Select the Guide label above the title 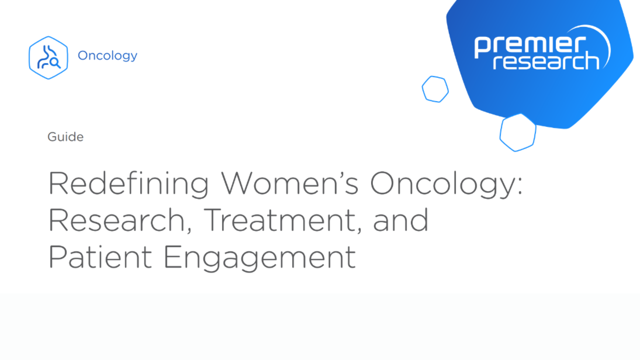point(65,137)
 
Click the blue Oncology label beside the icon point(107,56)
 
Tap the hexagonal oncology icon point(48,58)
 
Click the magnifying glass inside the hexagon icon point(55,63)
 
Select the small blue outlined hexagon point(435,89)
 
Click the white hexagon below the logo point(518,132)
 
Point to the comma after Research point(189,230)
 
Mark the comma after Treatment point(359,230)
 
